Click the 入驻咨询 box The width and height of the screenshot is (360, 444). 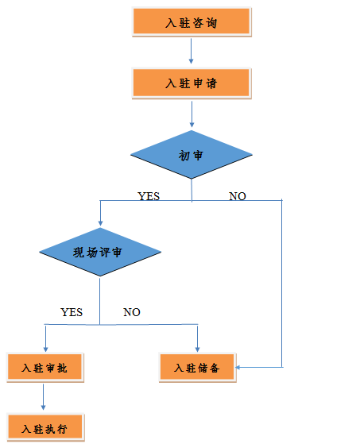192,21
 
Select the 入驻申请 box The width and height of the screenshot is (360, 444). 192,83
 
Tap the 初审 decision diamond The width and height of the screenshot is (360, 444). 192,155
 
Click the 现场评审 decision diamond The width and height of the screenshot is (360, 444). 100,252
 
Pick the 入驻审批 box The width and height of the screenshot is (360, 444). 45,367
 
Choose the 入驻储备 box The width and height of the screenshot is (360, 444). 197,368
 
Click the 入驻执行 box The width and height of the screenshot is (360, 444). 45,427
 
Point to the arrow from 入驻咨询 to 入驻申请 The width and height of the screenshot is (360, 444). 191,51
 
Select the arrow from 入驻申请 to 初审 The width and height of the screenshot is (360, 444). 192,114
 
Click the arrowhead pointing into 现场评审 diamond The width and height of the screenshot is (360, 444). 100,223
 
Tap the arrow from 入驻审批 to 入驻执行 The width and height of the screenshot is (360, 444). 44,397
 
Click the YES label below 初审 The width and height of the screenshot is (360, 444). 149,196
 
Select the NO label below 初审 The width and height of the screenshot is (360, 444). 238,196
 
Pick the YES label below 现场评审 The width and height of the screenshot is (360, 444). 72,312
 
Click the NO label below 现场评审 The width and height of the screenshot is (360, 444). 132,312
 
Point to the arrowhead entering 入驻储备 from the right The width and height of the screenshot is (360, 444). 238,367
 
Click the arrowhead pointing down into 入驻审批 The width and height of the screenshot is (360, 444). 45,349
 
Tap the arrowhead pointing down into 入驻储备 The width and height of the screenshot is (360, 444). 197,349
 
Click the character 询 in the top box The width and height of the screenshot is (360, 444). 211,23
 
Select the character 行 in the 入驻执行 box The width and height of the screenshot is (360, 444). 62,429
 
